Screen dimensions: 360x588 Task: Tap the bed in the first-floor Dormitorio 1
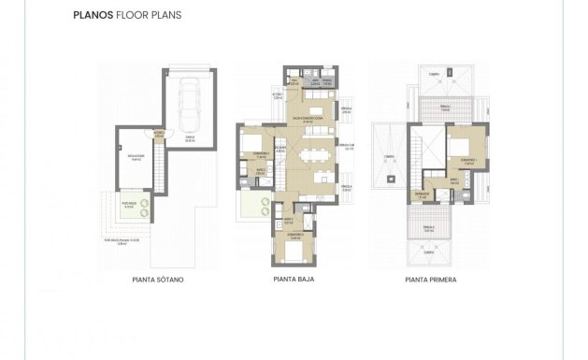pyautogui.click(x=461, y=147)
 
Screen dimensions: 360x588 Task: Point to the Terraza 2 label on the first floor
pyautogui.click(x=428, y=228)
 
